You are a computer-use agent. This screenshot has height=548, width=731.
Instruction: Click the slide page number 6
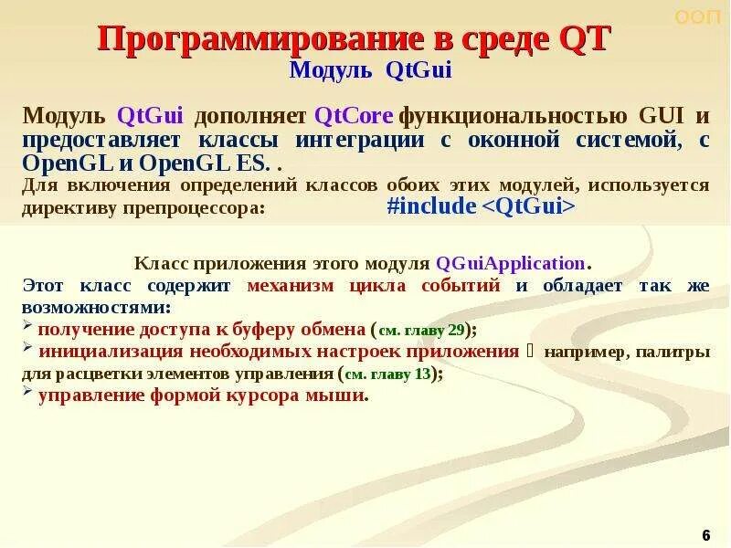coord(705,534)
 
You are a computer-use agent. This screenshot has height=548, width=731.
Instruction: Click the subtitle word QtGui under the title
coord(419,70)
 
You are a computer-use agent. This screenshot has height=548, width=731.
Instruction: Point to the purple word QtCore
coord(354,117)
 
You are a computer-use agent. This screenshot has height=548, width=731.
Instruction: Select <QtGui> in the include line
coord(528,206)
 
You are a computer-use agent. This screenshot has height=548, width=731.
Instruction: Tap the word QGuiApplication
coord(511,263)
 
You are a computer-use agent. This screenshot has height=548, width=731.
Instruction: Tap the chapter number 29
coord(456,329)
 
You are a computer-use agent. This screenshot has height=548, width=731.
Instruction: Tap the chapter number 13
coord(422,374)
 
